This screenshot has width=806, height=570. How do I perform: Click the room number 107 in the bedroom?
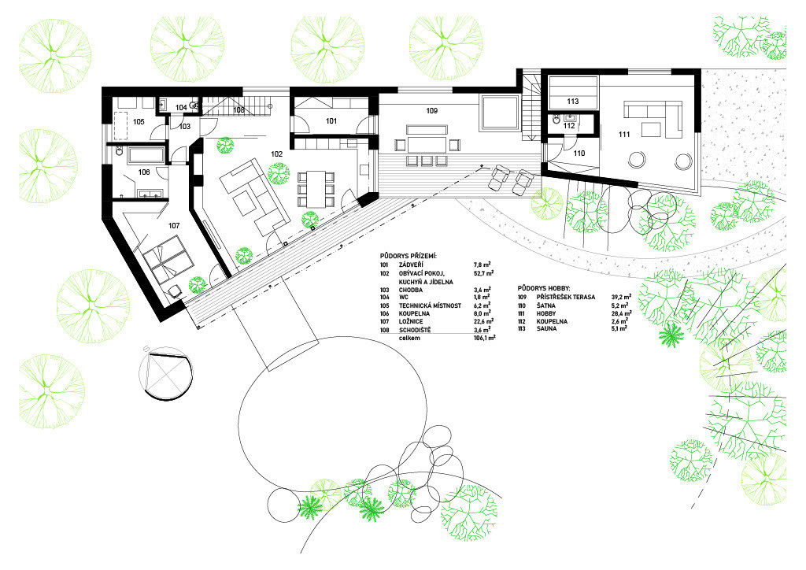pyautogui.click(x=174, y=225)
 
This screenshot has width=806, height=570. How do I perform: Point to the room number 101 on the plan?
pyautogui.click(x=331, y=121)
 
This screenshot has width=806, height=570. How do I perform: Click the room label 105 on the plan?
pyautogui.click(x=139, y=122)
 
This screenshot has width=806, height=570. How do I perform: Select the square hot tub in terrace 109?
pyautogui.click(x=499, y=112)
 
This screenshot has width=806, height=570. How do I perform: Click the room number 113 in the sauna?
pyautogui.click(x=572, y=102)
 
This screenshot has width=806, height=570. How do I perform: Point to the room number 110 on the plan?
pyautogui.click(x=579, y=152)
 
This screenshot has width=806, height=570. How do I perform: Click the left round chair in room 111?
pyautogui.click(x=635, y=160)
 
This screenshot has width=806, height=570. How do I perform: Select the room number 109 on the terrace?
pyautogui.click(x=432, y=111)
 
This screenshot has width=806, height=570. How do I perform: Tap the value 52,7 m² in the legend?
pyautogui.click(x=483, y=274)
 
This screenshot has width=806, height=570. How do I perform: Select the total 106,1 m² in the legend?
pyautogui.click(x=482, y=338)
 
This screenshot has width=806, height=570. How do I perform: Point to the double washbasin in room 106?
pyautogui.click(x=150, y=191)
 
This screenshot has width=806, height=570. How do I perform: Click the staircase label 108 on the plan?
pyautogui.click(x=238, y=110)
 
